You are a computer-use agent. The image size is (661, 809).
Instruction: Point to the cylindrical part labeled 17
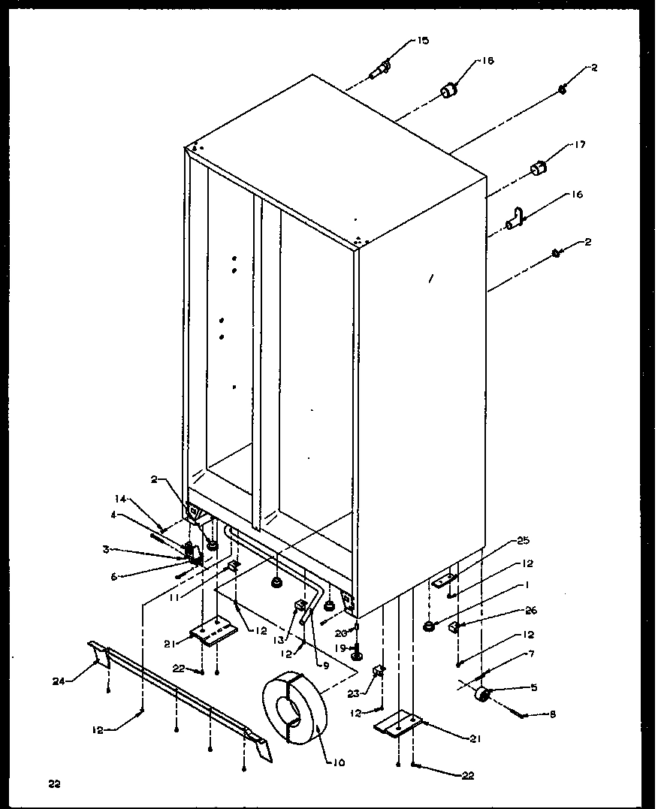pos(538,169)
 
